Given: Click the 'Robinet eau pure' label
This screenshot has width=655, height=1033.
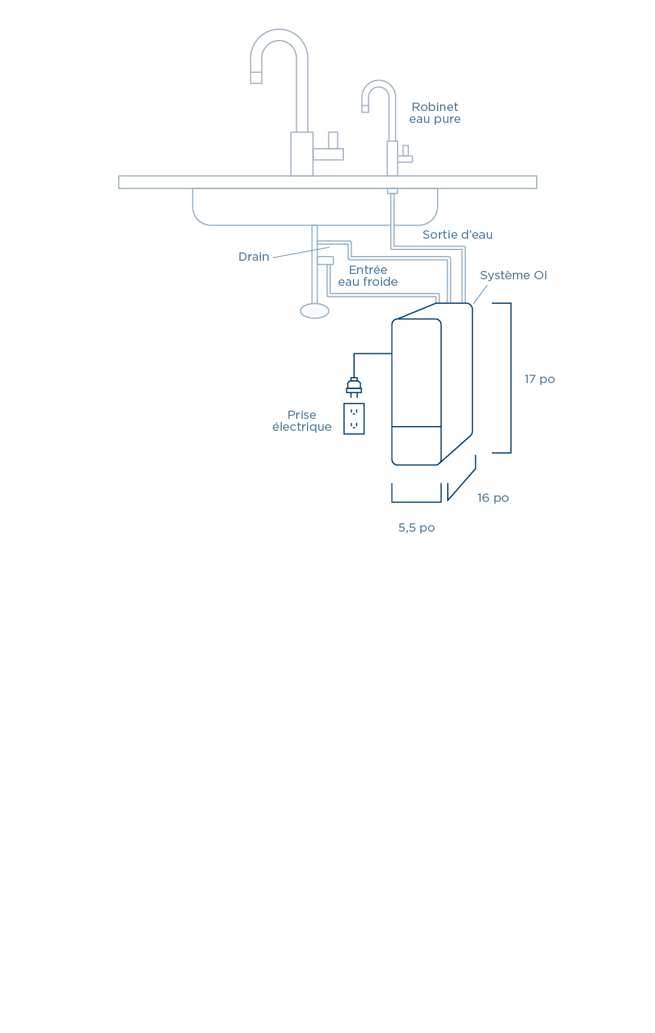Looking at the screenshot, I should point(435,113).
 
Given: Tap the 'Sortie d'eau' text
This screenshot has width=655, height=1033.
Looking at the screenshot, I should point(457,235).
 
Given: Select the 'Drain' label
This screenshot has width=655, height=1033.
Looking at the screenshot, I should point(254,257).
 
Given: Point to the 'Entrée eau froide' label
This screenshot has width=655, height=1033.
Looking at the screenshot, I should point(368,276).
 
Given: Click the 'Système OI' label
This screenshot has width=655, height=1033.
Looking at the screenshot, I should point(513,275).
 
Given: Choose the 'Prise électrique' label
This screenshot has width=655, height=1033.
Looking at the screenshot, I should point(302,421).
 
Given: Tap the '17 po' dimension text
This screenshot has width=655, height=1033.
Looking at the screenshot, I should point(539,379).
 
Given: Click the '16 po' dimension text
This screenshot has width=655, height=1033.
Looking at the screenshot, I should point(493,498).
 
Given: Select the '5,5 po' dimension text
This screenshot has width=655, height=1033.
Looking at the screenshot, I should point(416,528).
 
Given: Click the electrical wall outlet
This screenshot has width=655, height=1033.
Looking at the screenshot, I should point(354,418).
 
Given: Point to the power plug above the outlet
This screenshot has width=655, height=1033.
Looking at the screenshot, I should point(354,387).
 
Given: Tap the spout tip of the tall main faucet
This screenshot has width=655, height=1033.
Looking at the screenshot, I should point(256,77).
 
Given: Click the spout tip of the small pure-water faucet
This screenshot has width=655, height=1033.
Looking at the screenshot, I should point(365,109).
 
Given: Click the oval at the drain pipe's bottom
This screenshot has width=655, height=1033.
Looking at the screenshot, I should point(315,311).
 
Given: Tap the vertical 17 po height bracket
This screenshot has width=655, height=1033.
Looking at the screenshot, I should point(509,378).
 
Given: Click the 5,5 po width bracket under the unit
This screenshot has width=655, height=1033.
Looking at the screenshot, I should point(416,500).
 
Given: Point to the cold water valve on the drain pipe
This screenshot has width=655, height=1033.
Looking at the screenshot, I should point(325,260).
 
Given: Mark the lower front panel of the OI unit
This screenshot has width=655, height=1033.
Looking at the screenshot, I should point(416,445).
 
